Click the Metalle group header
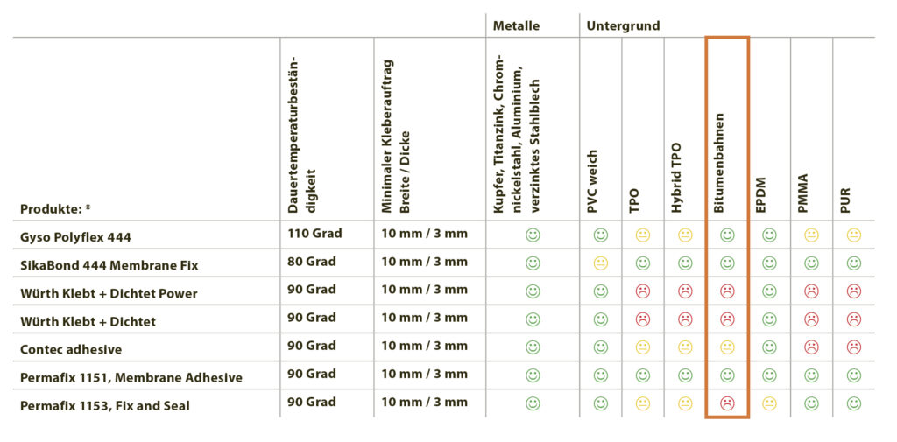pos(516,26)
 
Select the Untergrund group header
pos(623,26)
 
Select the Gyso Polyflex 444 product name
pos(76,237)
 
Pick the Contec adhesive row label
pos(71,349)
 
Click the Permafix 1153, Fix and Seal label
pos(105,405)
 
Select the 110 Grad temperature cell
pos(314,234)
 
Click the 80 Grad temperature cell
pos(311,262)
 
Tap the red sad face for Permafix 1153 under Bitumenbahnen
pos(726,403)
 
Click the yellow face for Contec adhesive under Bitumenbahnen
pos(726,347)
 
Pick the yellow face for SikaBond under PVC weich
pos(600,263)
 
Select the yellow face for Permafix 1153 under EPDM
pos(768,403)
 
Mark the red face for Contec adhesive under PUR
pos(853,347)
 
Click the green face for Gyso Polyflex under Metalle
pos(533,235)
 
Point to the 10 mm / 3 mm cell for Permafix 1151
pos(424,374)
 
